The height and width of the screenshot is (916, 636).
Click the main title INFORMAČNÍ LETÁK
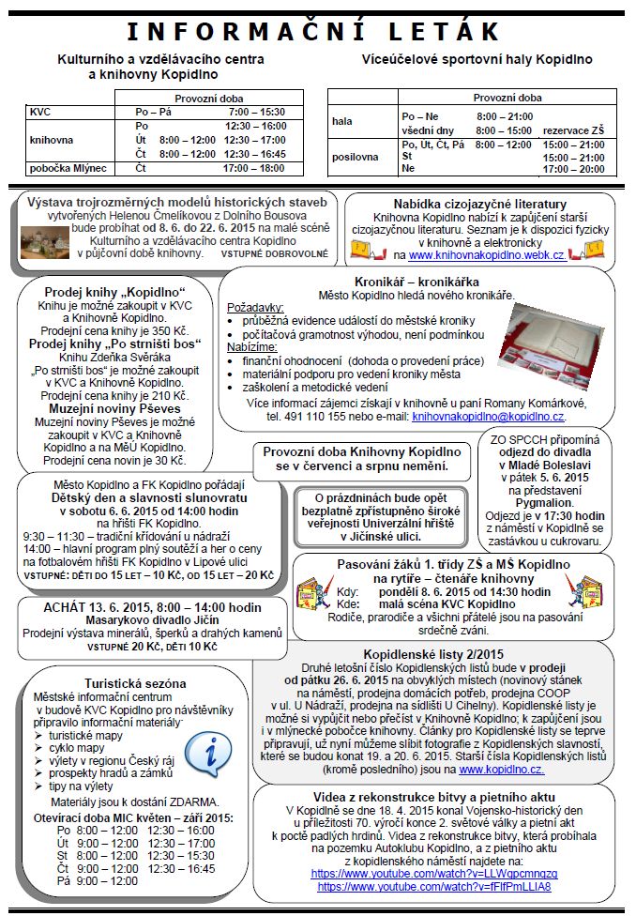pos(318,33)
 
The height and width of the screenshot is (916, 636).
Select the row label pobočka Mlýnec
pos(68,168)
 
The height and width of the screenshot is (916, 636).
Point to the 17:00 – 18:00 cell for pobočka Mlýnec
pos(253,168)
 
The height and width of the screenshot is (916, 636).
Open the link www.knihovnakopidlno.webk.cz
pos(486,255)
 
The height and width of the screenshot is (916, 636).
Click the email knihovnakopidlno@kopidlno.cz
pos(488,416)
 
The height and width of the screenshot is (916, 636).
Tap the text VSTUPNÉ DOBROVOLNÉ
pos(274,253)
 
